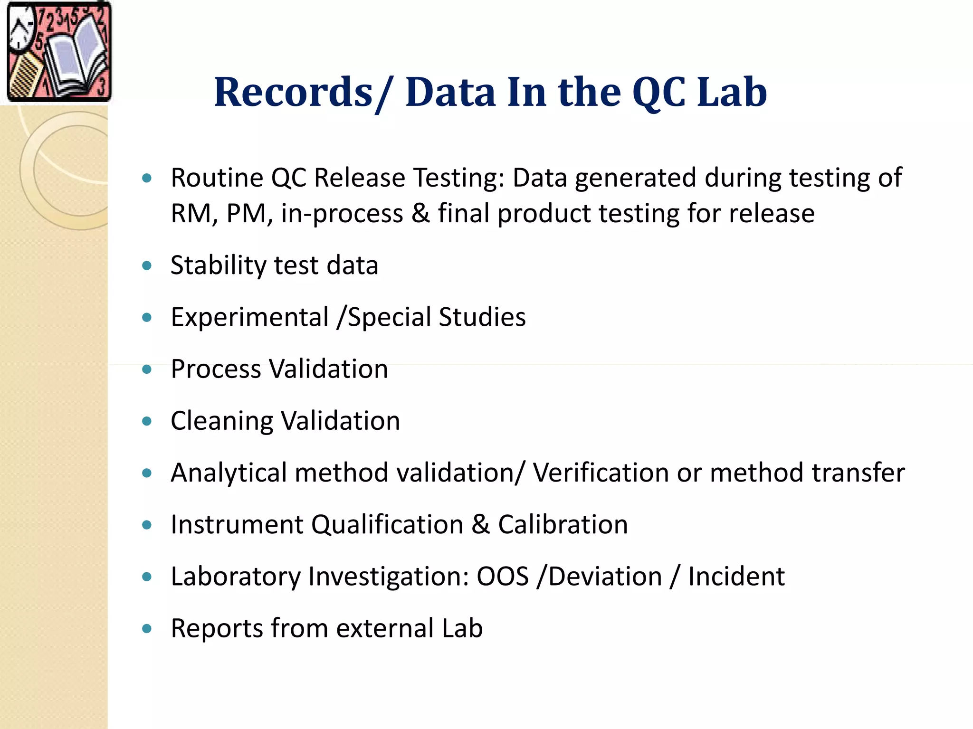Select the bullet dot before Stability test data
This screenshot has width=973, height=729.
point(147,265)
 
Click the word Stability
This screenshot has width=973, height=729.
point(218,265)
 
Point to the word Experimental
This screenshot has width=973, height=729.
point(249,317)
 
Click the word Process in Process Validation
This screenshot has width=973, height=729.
point(216,369)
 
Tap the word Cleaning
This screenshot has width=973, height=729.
point(221,421)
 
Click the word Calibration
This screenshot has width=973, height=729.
point(563,525)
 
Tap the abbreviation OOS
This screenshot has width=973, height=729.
point(503,577)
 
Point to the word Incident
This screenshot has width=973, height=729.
point(736,577)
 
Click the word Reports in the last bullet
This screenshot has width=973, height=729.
point(216,628)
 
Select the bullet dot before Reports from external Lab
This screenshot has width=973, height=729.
point(147,629)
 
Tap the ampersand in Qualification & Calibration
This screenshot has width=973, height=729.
point(480,525)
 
